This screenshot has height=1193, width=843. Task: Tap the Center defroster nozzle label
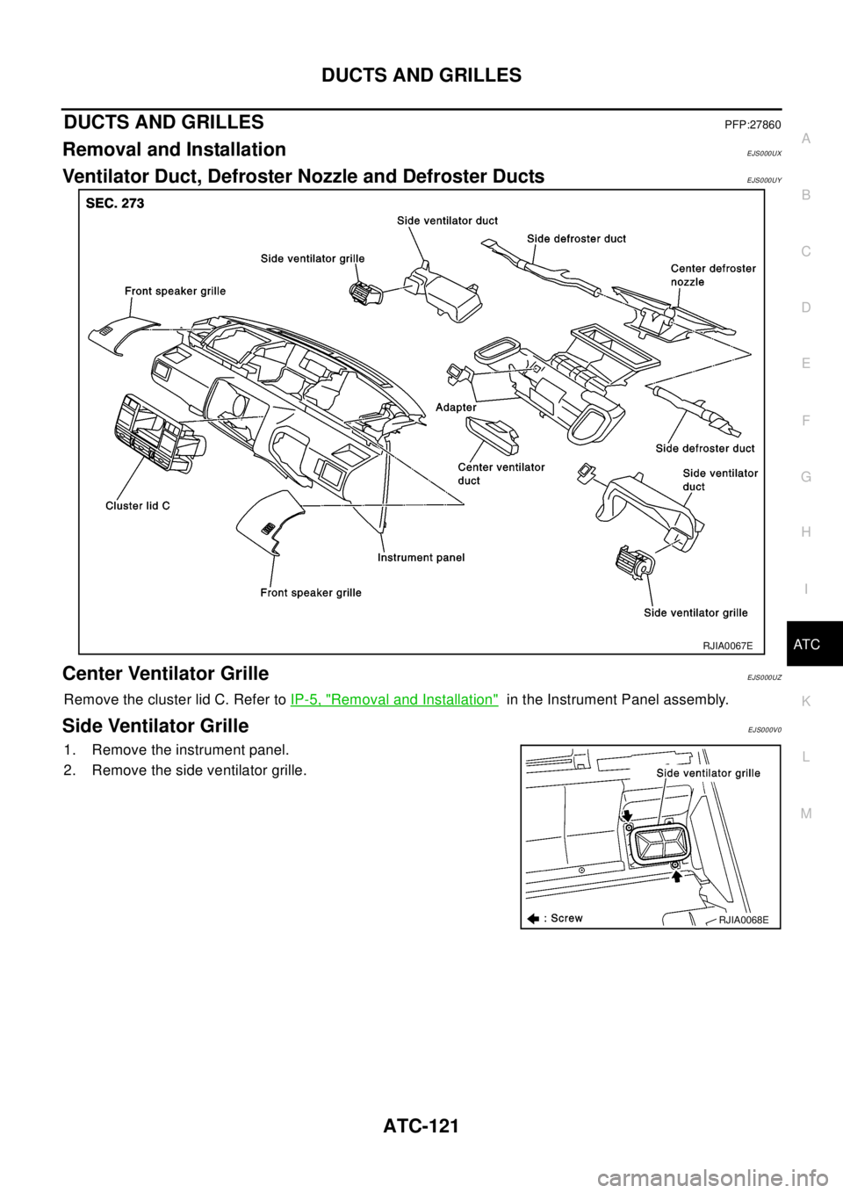click(x=712, y=275)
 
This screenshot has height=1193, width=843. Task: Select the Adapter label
click(x=456, y=407)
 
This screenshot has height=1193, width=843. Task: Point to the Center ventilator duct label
click(x=501, y=474)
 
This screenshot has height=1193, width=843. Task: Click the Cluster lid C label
click(x=138, y=505)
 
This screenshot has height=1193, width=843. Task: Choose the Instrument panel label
click(x=421, y=557)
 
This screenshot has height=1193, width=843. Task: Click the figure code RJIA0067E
click(x=728, y=646)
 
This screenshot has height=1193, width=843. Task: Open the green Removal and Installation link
click(x=394, y=699)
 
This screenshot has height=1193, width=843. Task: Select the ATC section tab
click(x=805, y=644)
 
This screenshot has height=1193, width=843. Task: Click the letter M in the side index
click(x=806, y=813)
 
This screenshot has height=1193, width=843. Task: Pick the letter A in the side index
click(x=806, y=139)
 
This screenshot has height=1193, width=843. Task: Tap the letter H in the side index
click(x=806, y=531)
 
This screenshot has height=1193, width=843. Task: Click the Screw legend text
click(x=566, y=918)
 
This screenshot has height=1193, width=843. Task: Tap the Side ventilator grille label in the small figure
click(x=707, y=773)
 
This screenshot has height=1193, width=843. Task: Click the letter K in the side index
click(x=806, y=700)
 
